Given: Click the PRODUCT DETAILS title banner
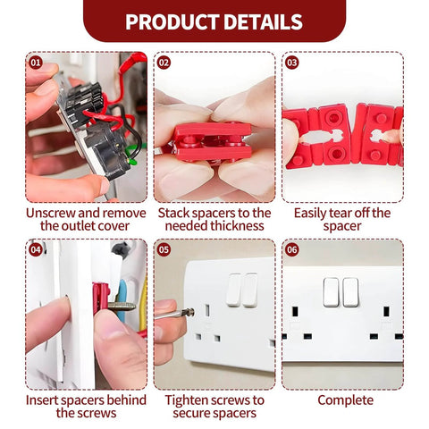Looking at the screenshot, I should [x=214, y=21].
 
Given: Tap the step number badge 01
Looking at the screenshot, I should [x=36, y=63].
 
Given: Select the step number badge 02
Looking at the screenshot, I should [x=164, y=63].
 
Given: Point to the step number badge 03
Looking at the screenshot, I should [x=291, y=63].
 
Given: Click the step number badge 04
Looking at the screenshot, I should [x=36, y=250].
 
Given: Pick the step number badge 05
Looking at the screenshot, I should [x=164, y=250].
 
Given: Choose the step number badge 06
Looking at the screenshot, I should [x=291, y=250].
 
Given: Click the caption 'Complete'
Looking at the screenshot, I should [x=345, y=400].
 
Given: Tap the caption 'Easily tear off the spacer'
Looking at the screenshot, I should [x=342, y=220].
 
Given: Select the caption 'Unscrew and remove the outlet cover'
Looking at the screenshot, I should [x=86, y=220].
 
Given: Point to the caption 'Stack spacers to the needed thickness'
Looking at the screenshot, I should [x=214, y=220].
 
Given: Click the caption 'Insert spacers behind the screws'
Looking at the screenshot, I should [x=86, y=407].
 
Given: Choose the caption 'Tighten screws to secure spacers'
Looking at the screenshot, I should [x=214, y=407].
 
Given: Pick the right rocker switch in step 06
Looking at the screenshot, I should [x=350, y=291].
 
